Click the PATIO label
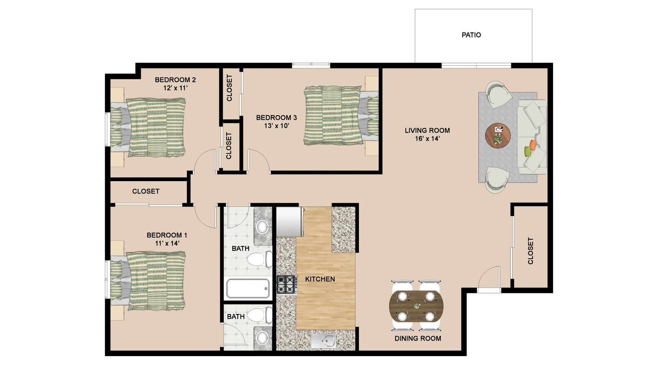(471, 35)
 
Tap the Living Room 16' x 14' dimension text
(427, 139)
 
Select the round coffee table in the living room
(498, 136)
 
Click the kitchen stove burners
(287, 285)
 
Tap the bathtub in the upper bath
(248, 288)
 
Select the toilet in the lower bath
(259, 314)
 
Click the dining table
(416, 306)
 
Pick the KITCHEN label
(320, 279)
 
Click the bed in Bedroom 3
(341, 115)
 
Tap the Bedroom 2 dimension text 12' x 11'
(175, 88)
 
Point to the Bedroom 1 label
(167, 235)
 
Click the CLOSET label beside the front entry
(531, 251)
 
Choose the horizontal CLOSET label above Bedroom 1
(146, 191)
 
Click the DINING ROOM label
(418, 339)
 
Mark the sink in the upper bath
(263, 226)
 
